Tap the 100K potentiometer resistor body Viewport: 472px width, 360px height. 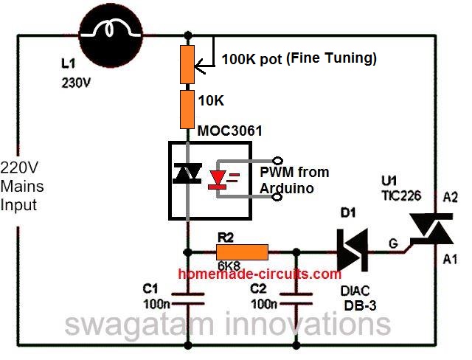pyautogui.click(x=191, y=63)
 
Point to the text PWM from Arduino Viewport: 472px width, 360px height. pyautogui.click(x=294, y=180)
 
